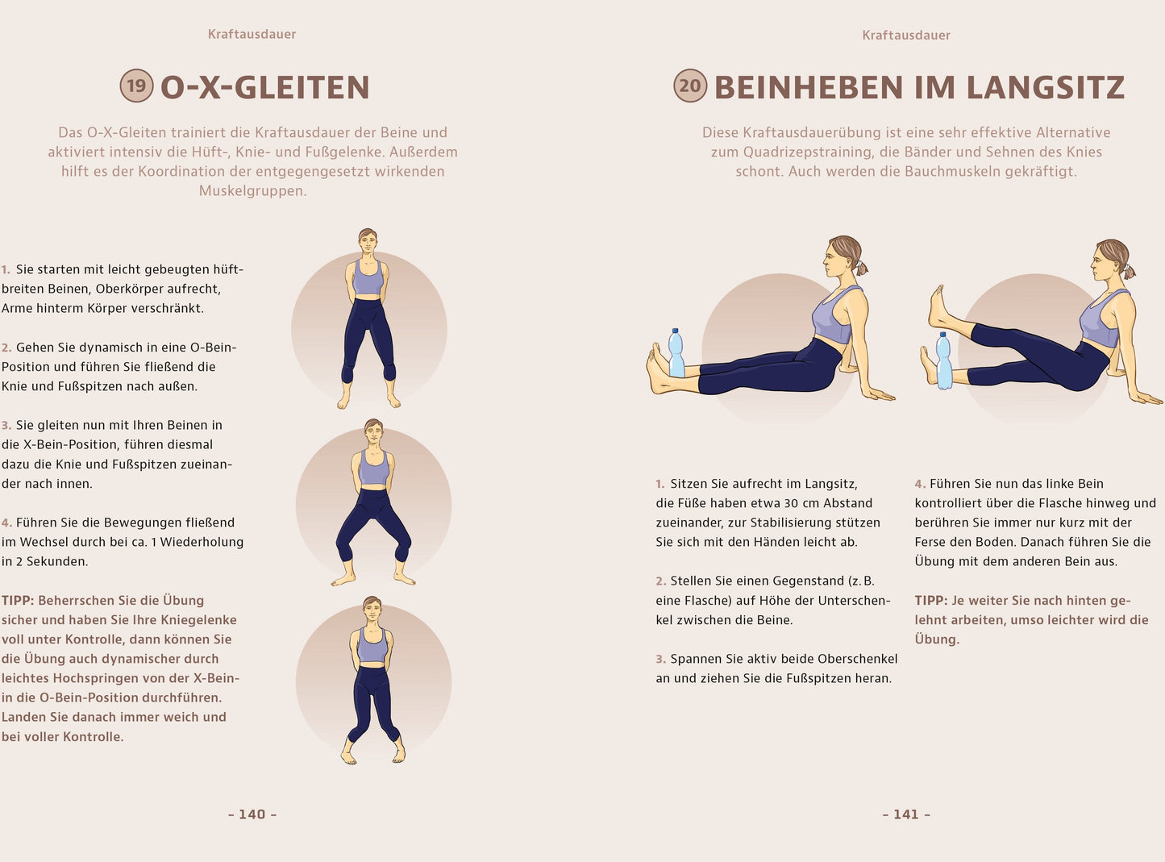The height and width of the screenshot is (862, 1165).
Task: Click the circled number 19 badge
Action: pyautogui.click(x=136, y=85)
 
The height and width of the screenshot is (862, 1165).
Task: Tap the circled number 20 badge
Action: pyautogui.click(x=690, y=85)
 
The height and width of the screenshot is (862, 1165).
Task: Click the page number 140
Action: pyautogui.click(x=252, y=814)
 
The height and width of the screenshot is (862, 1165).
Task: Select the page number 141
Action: pyautogui.click(x=906, y=814)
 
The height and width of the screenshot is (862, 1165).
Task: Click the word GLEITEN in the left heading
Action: pyautogui.click(x=302, y=87)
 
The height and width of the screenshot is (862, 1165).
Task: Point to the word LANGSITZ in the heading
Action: pyautogui.click(x=1045, y=87)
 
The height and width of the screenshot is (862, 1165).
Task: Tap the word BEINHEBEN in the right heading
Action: pyautogui.click(x=809, y=87)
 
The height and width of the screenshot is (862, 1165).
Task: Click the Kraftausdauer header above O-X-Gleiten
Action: pyautogui.click(x=252, y=34)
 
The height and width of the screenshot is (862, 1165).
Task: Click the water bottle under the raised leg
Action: pyautogui.click(x=944, y=360)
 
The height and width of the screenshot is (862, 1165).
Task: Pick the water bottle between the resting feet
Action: pyautogui.click(x=676, y=353)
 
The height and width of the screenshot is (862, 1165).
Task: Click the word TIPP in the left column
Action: pyautogui.click(x=17, y=601)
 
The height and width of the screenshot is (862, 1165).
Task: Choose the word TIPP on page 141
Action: pyautogui.click(x=930, y=601)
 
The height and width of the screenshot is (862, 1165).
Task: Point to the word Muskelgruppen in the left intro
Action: pyautogui.click(x=252, y=190)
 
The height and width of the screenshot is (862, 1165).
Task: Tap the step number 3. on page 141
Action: pyautogui.click(x=661, y=659)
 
